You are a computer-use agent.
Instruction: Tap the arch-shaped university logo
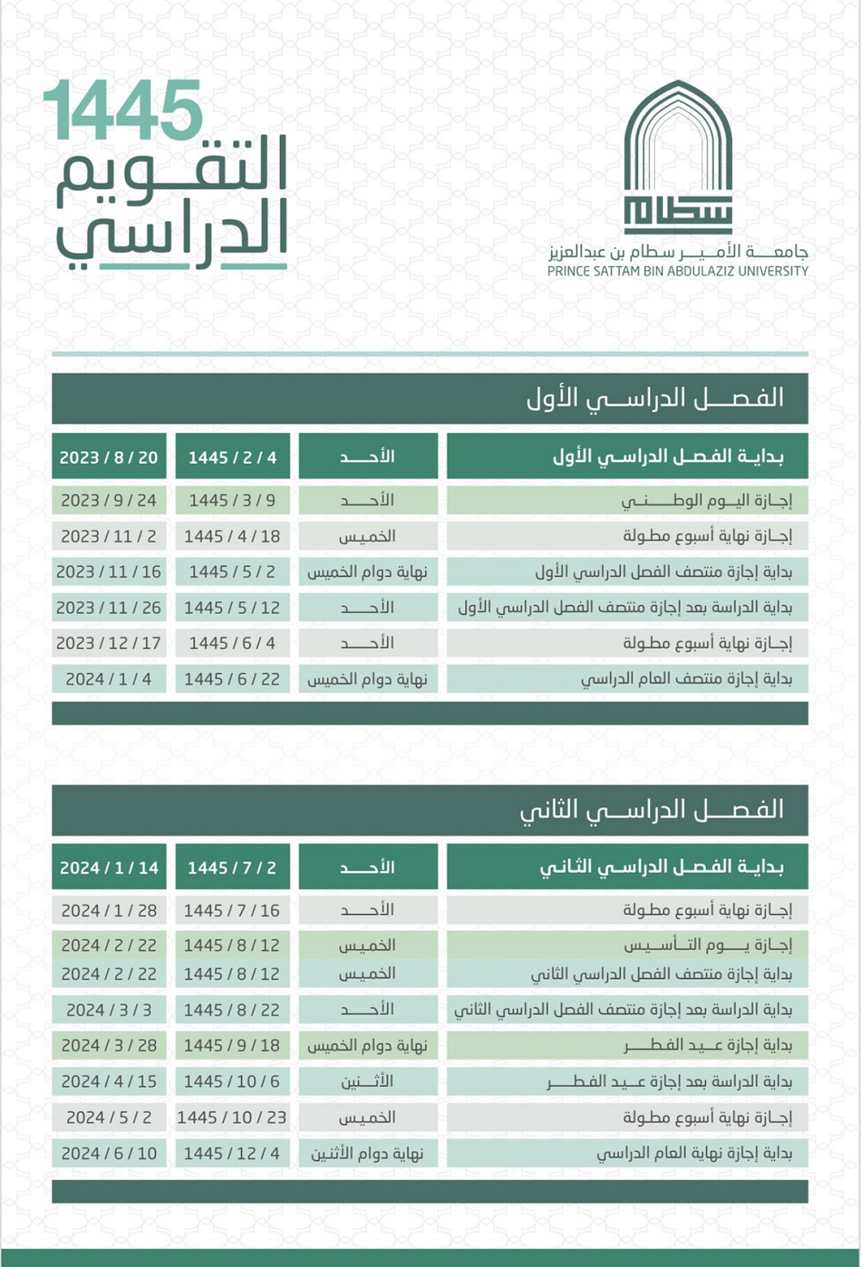click(x=678, y=155)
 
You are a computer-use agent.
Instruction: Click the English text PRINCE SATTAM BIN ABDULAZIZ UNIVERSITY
click(x=678, y=271)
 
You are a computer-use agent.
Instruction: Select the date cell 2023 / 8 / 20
click(x=108, y=457)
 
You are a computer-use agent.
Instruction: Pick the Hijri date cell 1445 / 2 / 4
click(x=232, y=457)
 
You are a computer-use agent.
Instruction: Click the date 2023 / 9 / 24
click(x=108, y=500)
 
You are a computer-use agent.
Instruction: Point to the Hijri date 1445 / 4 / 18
click(x=232, y=536)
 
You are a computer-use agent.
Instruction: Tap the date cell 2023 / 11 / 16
click(x=108, y=572)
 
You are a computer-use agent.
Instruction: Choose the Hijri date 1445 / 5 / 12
click(x=232, y=608)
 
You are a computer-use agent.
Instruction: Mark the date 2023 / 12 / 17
click(x=108, y=643)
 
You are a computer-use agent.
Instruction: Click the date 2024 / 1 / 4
click(x=108, y=679)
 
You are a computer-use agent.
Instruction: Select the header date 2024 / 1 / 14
click(x=108, y=868)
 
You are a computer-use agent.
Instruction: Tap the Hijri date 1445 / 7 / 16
click(x=232, y=910)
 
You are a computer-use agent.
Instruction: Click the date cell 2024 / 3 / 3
click(x=108, y=1010)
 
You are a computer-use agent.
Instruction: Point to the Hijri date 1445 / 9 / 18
click(x=232, y=1046)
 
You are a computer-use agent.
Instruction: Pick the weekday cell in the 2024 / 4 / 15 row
click(x=368, y=1081)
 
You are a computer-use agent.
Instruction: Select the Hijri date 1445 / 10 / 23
click(x=232, y=1117)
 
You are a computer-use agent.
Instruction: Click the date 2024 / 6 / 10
click(x=108, y=1153)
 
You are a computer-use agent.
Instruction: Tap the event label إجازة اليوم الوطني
click(x=706, y=500)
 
